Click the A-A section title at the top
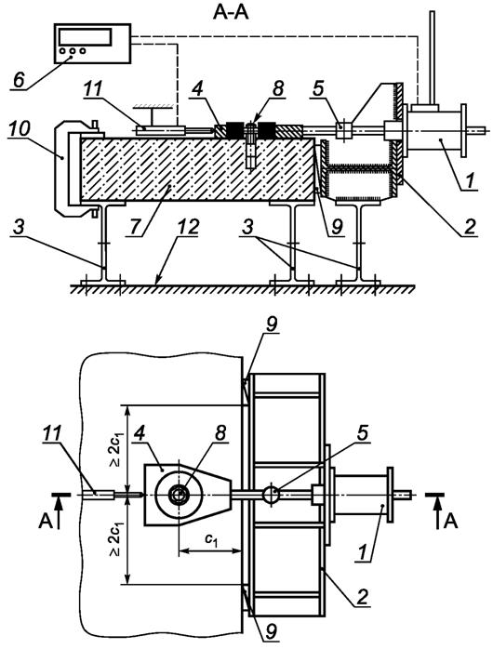pyautogui.click(x=231, y=12)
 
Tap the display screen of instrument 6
pyautogui.click(x=86, y=37)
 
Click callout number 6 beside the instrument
pyautogui.click(x=19, y=79)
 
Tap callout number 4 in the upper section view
pyautogui.click(x=199, y=89)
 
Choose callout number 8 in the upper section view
pyautogui.click(x=278, y=88)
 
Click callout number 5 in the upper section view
pyautogui.click(x=318, y=89)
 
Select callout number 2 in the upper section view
pyautogui.click(x=469, y=226)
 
